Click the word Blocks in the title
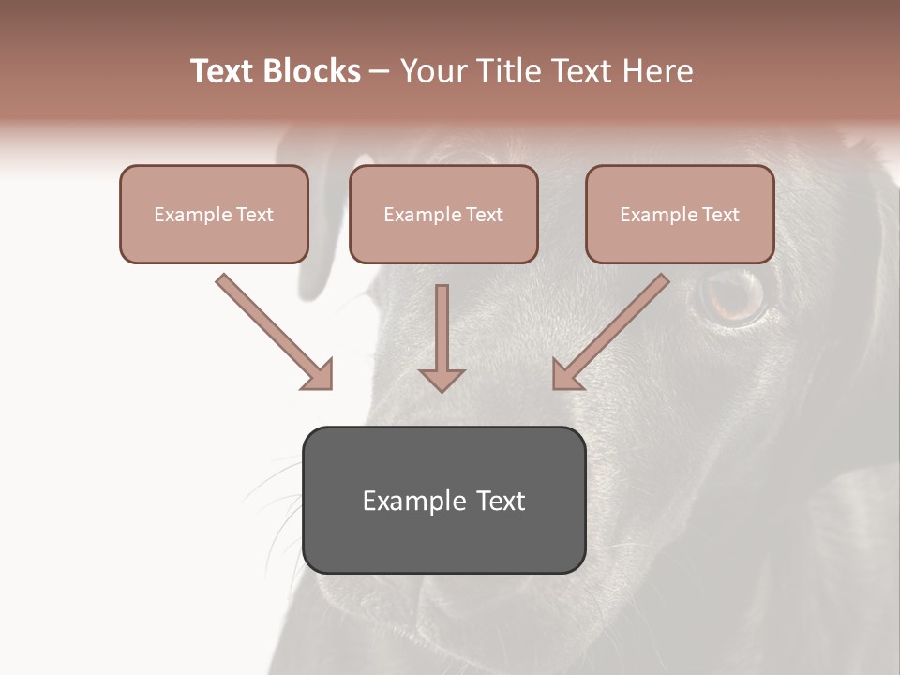312,71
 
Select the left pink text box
214,214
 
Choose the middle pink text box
443,214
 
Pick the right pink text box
680,214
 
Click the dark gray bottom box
443,500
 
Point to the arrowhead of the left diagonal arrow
318,374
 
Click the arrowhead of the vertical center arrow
442,379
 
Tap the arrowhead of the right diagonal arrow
566,374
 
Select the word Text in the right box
721,215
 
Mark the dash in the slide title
380,72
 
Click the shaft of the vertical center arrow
442,323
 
